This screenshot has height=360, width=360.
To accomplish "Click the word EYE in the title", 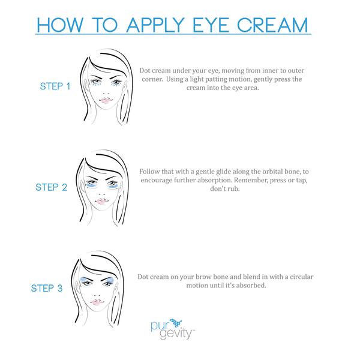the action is pos(211,25).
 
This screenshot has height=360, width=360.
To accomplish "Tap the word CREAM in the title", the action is pos(272,25).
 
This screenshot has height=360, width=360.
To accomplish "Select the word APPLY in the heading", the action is pos(155,25).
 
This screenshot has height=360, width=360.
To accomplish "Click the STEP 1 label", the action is pos(55,86).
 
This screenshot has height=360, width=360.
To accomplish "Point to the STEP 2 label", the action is pos(52,187).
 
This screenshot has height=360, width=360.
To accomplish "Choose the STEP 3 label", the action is pos(47,288).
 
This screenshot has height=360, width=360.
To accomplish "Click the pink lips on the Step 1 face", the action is pos(105,100).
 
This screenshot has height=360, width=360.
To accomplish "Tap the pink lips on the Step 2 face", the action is pos(102,201).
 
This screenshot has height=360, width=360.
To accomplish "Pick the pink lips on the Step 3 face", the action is pos(97,302).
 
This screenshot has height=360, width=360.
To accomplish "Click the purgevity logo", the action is pos(173,329).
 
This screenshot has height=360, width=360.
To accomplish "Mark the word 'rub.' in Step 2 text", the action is pos(234,189).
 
